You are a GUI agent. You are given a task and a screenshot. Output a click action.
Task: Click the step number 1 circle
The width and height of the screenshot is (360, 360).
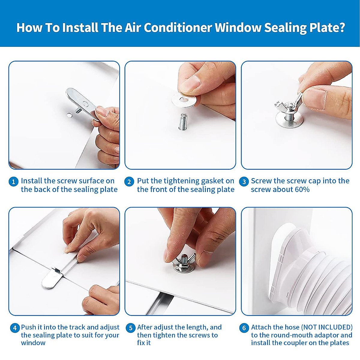(x=13, y=182)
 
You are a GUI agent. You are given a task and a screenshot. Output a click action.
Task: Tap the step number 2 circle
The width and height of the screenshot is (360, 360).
(x=129, y=182)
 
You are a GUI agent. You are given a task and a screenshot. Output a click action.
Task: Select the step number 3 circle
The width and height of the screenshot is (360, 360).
(x=244, y=182)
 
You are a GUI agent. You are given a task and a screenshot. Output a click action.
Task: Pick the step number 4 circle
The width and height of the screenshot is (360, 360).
(x=15, y=328)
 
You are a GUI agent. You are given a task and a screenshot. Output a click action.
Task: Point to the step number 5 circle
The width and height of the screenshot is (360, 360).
(x=130, y=328)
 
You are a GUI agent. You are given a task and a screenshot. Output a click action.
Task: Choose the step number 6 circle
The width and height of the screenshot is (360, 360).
(x=244, y=328)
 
